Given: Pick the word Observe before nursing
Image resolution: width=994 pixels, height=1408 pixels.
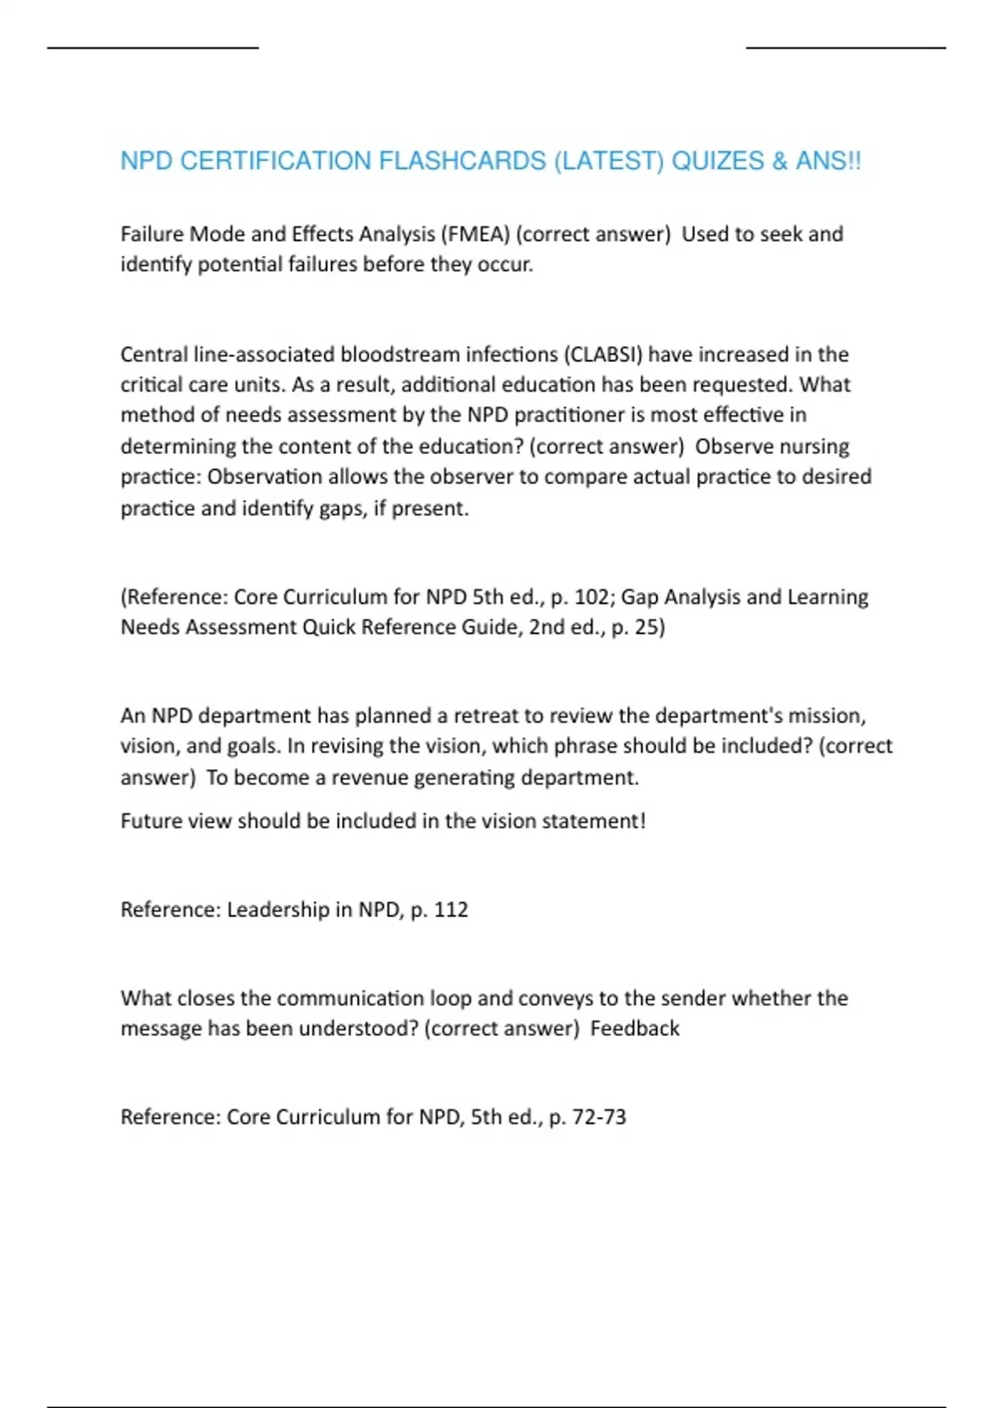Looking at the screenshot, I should [x=730, y=446].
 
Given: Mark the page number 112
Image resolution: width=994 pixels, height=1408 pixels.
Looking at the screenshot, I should [x=451, y=909].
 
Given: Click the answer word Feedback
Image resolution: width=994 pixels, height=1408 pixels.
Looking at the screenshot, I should [x=635, y=1029].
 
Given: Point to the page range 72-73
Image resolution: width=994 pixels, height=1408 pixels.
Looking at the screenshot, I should [x=599, y=1117].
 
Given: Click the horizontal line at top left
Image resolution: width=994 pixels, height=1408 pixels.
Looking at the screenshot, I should [x=153, y=48].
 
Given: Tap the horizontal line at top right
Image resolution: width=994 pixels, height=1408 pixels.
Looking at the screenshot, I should [x=846, y=48].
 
